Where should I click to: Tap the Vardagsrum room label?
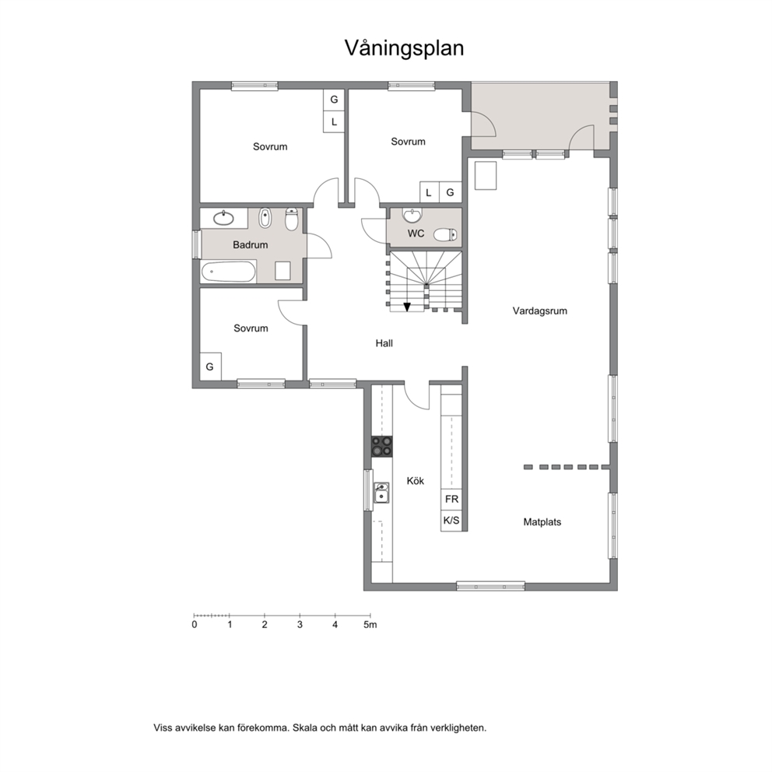coord(539,311)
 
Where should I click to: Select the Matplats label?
coord(542,522)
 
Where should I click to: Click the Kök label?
coord(415,480)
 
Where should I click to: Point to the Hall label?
coord(384,343)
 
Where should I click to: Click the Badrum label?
coord(250,244)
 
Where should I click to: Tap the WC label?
coord(416,233)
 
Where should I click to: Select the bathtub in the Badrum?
coord(229,272)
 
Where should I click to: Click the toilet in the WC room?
coord(445,234)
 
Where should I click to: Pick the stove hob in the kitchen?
coord(381,446)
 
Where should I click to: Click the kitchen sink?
coord(381,493)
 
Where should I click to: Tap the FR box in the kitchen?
coord(451,500)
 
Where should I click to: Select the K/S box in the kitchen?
coord(451,521)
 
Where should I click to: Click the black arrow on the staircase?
coord(407,307)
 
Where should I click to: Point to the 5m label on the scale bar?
coord(370,625)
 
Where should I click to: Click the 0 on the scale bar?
coord(195,625)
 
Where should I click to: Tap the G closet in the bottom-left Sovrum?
coord(210,367)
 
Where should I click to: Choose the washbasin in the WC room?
coord(412,215)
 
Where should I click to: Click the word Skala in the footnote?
coord(305,728)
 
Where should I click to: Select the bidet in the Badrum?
coord(265,218)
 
